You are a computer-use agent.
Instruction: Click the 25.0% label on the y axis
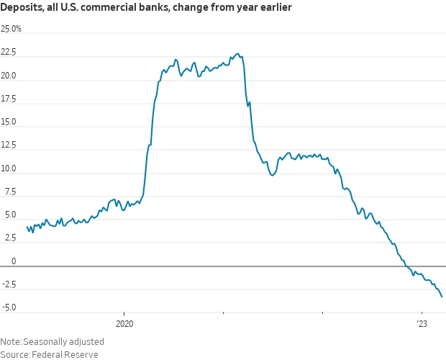[x=12, y=29]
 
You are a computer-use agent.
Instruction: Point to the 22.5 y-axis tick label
[x=9, y=53]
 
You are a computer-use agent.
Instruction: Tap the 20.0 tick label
[x=9, y=76]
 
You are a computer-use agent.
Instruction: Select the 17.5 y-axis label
[x=9, y=100]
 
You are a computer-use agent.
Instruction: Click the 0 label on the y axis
[x=3, y=261]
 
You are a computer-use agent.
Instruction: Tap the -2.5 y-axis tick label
[x=9, y=284]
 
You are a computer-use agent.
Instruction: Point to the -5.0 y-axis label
[x=9, y=308]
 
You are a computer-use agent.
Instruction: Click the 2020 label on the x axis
[x=124, y=324]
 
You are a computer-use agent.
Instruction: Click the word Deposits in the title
[x=22, y=9]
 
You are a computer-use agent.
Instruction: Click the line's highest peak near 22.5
[x=238, y=54]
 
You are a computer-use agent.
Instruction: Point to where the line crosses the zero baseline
[x=406, y=266]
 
